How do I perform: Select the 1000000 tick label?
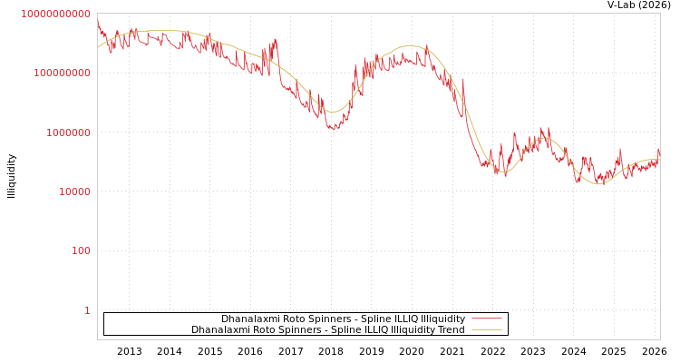pyautogui.click(x=64, y=132)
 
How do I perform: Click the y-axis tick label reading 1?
pyautogui.click(x=87, y=310)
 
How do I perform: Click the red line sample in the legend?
pyautogui.click(x=487, y=319)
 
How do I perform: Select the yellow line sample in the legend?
pyautogui.click(x=487, y=330)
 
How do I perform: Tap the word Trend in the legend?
pyautogui.click(x=452, y=330)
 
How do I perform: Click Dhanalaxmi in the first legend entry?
pyautogui.click(x=248, y=319)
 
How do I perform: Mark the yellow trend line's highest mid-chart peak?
pyautogui.click(x=410, y=45)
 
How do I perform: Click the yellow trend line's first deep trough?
pyautogui.click(x=333, y=112)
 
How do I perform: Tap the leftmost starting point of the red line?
pyautogui.click(x=98, y=22)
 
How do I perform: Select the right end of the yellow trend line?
pyautogui.click(x=659, y=160)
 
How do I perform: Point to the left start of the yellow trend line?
pyautogui.click(x=98, y=47)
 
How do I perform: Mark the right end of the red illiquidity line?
pyautogui.click(x=659, y=151)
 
